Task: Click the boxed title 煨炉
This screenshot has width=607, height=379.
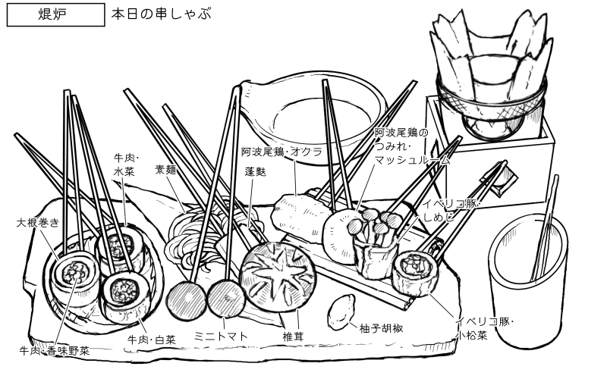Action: coord(55,14)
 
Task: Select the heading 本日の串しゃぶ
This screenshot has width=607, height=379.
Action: coord(160,14)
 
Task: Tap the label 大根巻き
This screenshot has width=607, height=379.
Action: coord(37,223)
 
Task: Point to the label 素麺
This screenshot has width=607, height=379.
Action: coord(165,170)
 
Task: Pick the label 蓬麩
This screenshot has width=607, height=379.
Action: coord(255,172)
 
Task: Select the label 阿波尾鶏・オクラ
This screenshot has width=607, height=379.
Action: coord(281,152)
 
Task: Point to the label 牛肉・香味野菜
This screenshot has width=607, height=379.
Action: coord(55,351)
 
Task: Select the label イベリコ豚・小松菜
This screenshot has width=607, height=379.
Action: coord(487,328)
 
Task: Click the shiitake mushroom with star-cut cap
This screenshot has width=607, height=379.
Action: coord(277,277)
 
